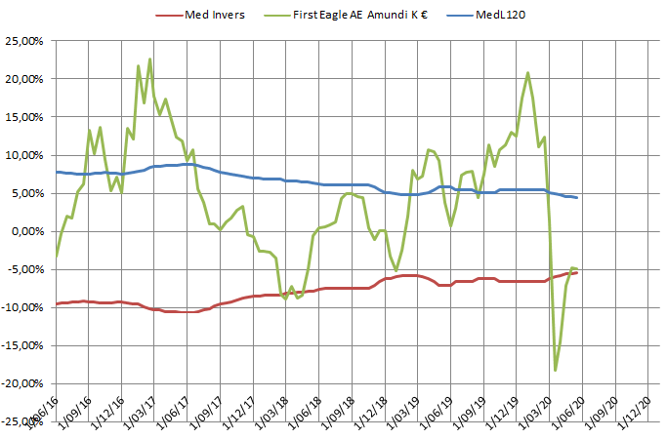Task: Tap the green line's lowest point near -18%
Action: coord(556,371)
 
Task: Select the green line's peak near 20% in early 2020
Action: coord(528,72)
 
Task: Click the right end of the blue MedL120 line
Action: coord(577,198)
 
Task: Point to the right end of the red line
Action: coord(577,272)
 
